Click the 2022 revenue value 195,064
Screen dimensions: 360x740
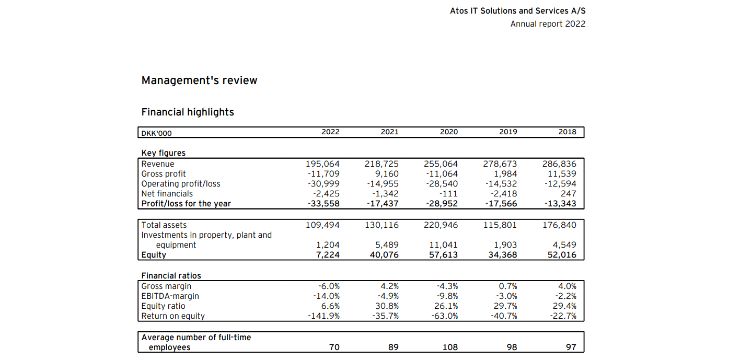click(322, 164)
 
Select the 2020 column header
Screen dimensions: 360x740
click(449, 132)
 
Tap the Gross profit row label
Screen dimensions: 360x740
click(164, 174)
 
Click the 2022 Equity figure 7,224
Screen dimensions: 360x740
click(328, 255)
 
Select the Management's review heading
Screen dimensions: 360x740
click(199, 80)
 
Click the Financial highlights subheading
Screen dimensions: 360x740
click(188, 112)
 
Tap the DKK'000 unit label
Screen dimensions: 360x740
click(156, 133)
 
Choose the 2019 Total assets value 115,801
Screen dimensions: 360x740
click(500, 225)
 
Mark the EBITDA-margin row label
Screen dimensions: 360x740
click(170, 296)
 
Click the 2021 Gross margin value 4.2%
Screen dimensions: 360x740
click(390, 286)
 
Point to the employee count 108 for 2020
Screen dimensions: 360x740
click(450, 347)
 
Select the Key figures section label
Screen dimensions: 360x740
click(163, 153)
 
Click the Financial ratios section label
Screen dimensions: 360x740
click(171, 276)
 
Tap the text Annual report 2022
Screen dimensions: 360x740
click(548, 24)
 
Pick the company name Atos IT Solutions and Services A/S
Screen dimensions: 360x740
click(517, 11)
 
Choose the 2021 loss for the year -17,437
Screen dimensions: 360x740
click(383, 204)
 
